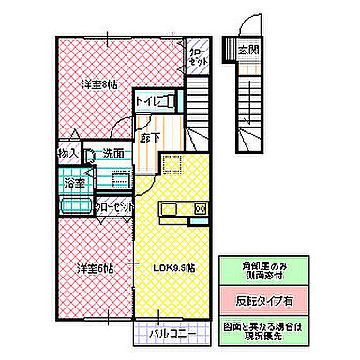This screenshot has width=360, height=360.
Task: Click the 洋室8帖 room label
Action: pyautogui.click(x=99, y=85)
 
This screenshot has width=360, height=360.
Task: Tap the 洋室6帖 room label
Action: pyautogui.click(x=96, y=269)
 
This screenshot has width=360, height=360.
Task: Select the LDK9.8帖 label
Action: pyautogui.click(x=173, y=269)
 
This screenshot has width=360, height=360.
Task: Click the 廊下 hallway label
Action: pyautogui.click(x=150, y=137)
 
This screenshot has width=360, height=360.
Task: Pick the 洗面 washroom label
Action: pyautogui.click(x=114, y=154)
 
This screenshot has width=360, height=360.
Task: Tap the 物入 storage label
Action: pyautogui.click(x=67, y=154)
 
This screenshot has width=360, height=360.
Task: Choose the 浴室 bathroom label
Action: pyautogui.click(x=75, y=185)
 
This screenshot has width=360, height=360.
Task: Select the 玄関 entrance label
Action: pyautogui.click(x=247, y=48)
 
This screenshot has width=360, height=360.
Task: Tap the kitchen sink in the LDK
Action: pyautogui.click(x=179, y=207)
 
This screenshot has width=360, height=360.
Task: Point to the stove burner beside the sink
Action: pyautogui.click(x=198, y=207)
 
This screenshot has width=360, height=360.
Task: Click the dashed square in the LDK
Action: pyautogui.click(x=172, y=165)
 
